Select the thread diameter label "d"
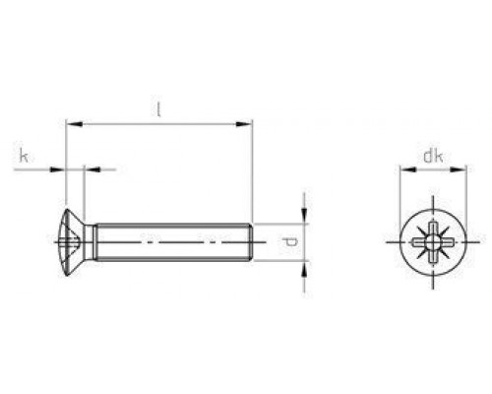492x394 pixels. (285, 241)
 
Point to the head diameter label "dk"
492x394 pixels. (432, 155)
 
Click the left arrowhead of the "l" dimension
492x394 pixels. (69, 124)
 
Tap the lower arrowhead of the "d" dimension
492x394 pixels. (304, 264)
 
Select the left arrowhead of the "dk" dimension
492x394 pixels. (402, 168)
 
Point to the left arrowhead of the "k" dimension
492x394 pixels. (59, 169)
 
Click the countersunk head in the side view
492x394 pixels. (71, 241)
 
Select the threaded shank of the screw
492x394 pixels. (167, 241)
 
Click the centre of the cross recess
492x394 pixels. (432, 241)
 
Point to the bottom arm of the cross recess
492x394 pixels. (432, 255)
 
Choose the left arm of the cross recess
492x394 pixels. (418, 241)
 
